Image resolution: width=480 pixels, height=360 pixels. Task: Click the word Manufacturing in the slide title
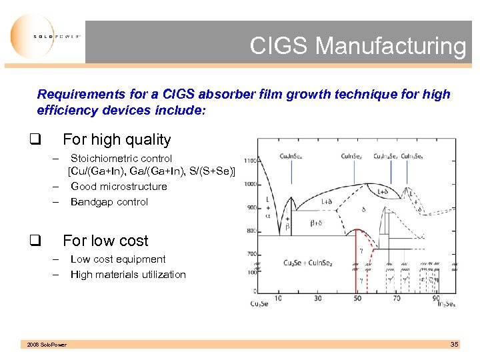(391, 46)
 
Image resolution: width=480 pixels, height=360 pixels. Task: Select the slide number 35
(454, 344)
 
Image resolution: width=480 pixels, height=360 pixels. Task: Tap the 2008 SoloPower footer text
(47, 345)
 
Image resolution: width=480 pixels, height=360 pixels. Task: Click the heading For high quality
(117, 140)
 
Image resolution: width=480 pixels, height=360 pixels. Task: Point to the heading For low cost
(105, 241)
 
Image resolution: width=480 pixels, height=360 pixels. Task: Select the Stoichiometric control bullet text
(121, 159)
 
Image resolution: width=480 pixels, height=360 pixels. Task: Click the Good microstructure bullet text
(119, 187)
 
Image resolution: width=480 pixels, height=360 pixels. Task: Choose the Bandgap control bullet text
(109, 202)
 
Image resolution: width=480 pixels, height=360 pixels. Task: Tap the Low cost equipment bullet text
(118, 259)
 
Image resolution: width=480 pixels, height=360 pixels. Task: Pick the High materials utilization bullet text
(128, 275)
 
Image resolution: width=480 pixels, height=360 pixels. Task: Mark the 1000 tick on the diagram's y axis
(250, 184)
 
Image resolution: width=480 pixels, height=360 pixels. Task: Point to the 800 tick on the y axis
(251, 231)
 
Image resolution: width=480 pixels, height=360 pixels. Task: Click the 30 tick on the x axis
(317, 298)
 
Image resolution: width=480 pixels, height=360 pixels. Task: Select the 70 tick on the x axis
(397, 298)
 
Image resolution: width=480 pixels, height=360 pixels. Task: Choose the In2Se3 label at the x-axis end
(445, 304)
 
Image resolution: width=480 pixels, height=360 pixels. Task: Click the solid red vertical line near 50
(354, 267)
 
